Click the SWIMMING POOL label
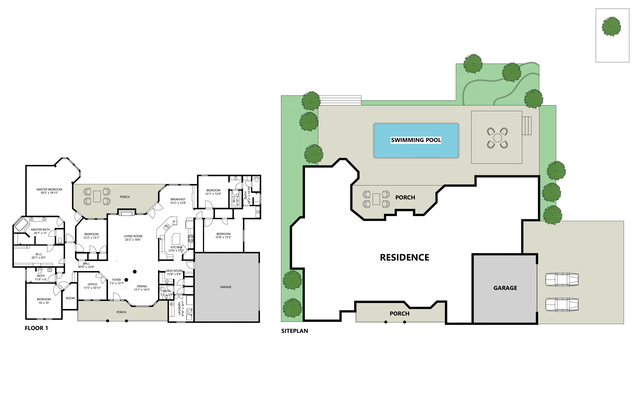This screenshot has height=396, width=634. (x=416, y=140)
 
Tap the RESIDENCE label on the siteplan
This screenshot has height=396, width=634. (x=404, y=257)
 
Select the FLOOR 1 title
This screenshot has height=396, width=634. (x=36, y=328)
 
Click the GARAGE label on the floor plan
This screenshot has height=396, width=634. (x=226, y=287)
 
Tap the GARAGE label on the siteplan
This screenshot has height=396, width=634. (x=505, y=288)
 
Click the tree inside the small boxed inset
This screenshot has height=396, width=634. (x=611, y=27)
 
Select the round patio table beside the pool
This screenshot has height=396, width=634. (x=497, y=138)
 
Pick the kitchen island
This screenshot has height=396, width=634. (x=176, y=239)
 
